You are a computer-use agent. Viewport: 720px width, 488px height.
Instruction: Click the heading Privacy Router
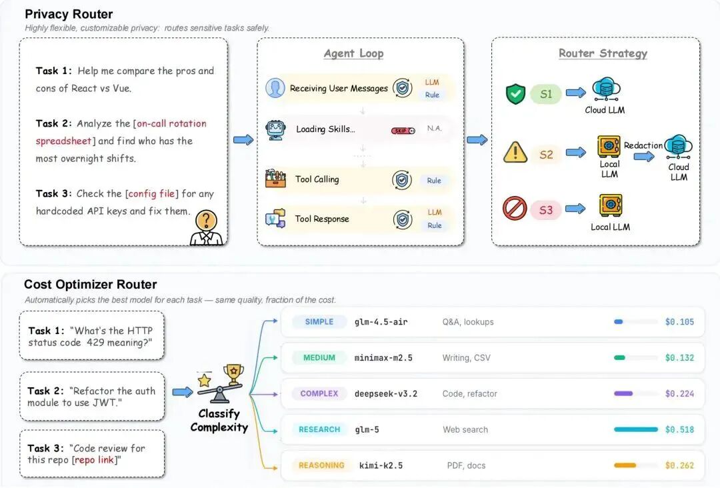(x=69, y=14)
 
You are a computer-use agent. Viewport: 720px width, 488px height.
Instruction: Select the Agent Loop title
(x=353, y=53)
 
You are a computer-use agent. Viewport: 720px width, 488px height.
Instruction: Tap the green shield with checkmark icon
(x=515, y=94)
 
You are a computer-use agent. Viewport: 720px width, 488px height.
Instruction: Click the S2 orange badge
(x=546, y=155)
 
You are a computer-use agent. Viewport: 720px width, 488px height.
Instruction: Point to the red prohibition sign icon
(x=515, y=209)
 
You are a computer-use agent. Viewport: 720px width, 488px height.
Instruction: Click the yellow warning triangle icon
(x=515, y=153)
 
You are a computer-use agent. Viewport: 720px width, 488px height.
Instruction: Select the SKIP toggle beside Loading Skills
(x=403, y=131)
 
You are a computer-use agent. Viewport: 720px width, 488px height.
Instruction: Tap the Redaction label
(x=643, y=145)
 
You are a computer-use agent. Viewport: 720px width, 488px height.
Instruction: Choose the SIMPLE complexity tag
(x=319, y=322)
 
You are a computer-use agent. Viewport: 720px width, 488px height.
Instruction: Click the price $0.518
(x=679, y=430)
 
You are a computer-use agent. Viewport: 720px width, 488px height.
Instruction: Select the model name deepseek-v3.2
(x=386, y=394)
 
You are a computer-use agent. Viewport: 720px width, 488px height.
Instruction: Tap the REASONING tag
(x=321, y=466)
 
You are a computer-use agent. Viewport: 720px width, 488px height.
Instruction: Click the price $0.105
(x=679, y=322)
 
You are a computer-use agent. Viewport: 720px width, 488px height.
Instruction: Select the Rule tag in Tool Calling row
(x=434, y=181)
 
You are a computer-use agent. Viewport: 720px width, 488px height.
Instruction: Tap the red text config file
(x=152, y=194)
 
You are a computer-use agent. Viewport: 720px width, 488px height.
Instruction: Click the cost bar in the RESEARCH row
(x=635, y=430)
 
